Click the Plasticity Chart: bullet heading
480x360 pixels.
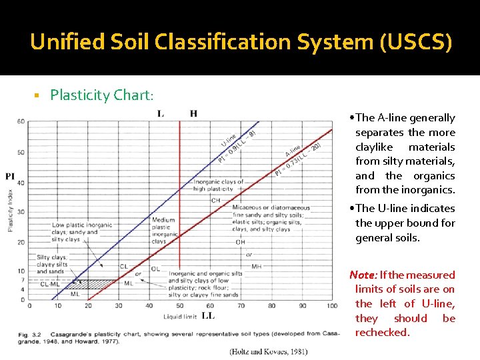(102, 95)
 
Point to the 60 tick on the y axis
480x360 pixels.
(21, 121)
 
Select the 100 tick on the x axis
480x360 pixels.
(332, 306)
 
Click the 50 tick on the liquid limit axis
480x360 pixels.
(180, 306)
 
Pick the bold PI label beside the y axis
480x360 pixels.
(10, 176)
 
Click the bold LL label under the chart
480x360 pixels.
(208, 315)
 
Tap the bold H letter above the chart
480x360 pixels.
(193, 113)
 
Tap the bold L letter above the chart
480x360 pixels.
(161, 113)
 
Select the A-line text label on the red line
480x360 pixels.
(293, 150)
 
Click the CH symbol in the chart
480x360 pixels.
(215, 199)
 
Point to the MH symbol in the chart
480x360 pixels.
(256, 266)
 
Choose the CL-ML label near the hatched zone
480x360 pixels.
(49, 284)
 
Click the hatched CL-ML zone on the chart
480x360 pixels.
(100, 284)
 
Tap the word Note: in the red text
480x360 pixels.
(364, 275)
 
